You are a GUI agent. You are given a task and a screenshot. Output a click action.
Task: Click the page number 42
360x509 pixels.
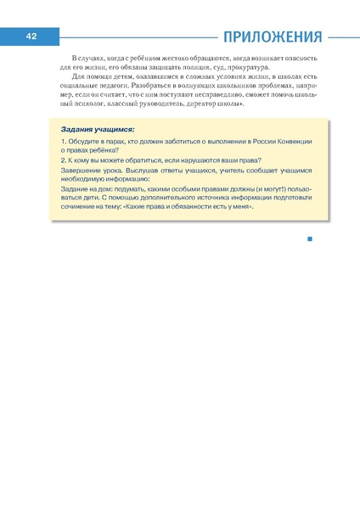[x=30, y=37]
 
